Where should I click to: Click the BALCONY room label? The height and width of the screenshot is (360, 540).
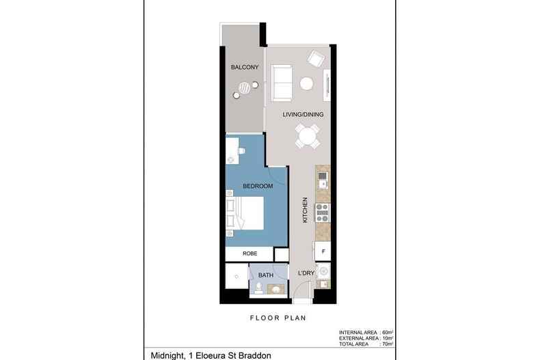pyautogui.click(x=245, y=67)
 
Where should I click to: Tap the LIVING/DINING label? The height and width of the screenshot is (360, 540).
pyautogui.click(x=303, y=115)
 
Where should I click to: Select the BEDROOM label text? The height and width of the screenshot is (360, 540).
pyautogui.click(x=258, y=186)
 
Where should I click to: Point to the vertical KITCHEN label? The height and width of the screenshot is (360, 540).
pyautogui.click(x=305, y=210)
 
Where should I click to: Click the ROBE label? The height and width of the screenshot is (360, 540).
pyautogui.click(x=249, y=253)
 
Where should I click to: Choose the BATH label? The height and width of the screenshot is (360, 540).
pyautogui.click(x=266, y=275)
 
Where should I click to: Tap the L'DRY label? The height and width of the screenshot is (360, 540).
pyautogui.click(x=306, y=273)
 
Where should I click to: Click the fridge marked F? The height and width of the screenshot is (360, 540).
pyautogui.click(x=323, y=251)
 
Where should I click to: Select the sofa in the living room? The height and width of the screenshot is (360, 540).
pyautogui.click(x=282, y=83)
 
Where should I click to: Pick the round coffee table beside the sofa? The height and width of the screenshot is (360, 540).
pyautogui.click(x=306, y=83)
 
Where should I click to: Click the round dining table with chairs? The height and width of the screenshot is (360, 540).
pyautogui.click(x=307, y=136)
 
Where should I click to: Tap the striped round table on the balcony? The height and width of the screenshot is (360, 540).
pyautogui.click(x=245, y=87)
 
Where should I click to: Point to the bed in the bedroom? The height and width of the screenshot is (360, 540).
pyautogui.click(x=245, y=213)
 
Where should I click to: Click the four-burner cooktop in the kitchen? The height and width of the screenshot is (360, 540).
pyautogui.click(x=323, y=212)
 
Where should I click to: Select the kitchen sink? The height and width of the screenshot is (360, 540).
pyautogui.click(x=323, y=180)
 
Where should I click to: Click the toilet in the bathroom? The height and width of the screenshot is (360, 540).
pyautogui.click(x=259, y=288)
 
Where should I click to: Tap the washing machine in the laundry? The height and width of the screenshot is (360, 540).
pyautogui.click(x=323, y=271)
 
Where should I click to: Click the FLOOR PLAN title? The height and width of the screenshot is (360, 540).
pyautogui.click(x=278, y=318)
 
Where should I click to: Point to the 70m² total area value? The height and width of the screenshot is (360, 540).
pyautogui.click(x=388, y=344)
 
